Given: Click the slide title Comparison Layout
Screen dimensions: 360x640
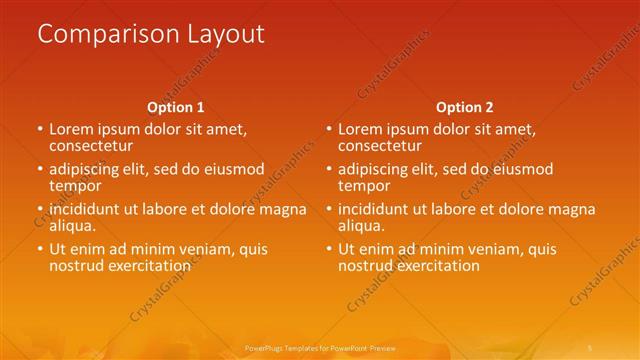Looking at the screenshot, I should [151, 33].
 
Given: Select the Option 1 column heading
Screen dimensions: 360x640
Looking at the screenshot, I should [176, 107].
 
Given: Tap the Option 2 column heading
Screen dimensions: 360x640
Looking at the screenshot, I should [465, 107].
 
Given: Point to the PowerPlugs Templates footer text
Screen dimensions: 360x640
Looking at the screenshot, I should [320, 347].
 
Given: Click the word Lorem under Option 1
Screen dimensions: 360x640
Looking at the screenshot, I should [72, 129].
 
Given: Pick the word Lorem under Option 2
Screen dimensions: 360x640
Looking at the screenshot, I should [361, 129].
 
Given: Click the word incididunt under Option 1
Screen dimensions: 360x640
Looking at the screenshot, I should [87, 209].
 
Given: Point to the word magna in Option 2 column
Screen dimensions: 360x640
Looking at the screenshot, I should [573, 209].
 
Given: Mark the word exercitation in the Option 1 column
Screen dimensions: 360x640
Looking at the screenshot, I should [147, 265].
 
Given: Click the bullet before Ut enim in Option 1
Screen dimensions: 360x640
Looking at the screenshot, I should [40, 249].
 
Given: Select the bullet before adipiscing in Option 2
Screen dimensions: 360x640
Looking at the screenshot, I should [329, 169].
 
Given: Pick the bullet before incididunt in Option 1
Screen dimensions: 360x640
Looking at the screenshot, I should [40, 209].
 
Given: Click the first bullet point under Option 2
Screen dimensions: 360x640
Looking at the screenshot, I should [329, 129].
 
